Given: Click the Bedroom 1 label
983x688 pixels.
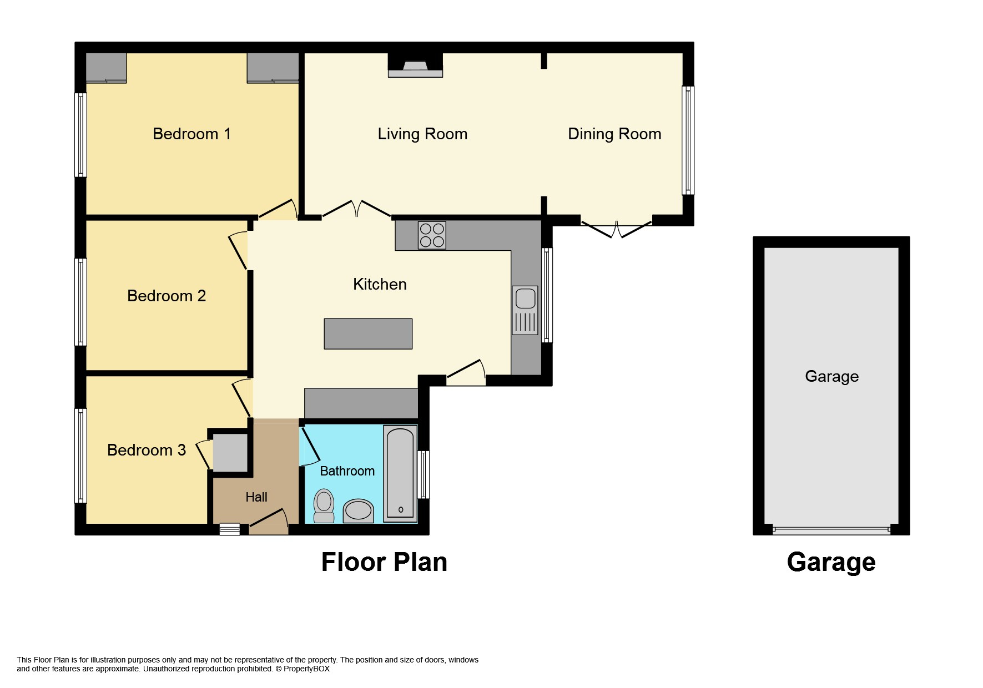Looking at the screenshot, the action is pos(191,134).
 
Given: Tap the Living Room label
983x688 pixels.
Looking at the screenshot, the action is pos(422,134).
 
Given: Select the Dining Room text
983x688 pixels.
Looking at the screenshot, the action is pos(614,134).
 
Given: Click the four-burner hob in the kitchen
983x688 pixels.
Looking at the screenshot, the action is pos(432,235).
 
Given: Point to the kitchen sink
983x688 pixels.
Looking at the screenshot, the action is pos(525,310).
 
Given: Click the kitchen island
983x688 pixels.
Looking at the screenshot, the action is pos(368,333).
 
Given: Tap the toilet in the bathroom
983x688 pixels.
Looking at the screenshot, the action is pos(324,505).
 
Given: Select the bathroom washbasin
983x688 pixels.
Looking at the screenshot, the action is pos(358,510).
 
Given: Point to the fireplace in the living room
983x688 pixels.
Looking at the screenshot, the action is pos(415,65).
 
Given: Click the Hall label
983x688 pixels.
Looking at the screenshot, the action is pos(256,497).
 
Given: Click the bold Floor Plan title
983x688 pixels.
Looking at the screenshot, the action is pos(384,562).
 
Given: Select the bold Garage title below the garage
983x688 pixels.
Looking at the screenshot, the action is pos(831,563).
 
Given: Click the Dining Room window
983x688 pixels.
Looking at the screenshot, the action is pos(688,140).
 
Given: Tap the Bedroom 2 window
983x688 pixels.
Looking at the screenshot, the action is pos(80,302).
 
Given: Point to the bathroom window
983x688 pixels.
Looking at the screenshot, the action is pos(424,474).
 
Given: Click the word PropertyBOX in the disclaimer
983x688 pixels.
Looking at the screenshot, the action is pos(306,669).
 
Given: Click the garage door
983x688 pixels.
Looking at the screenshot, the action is pos(831,530).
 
